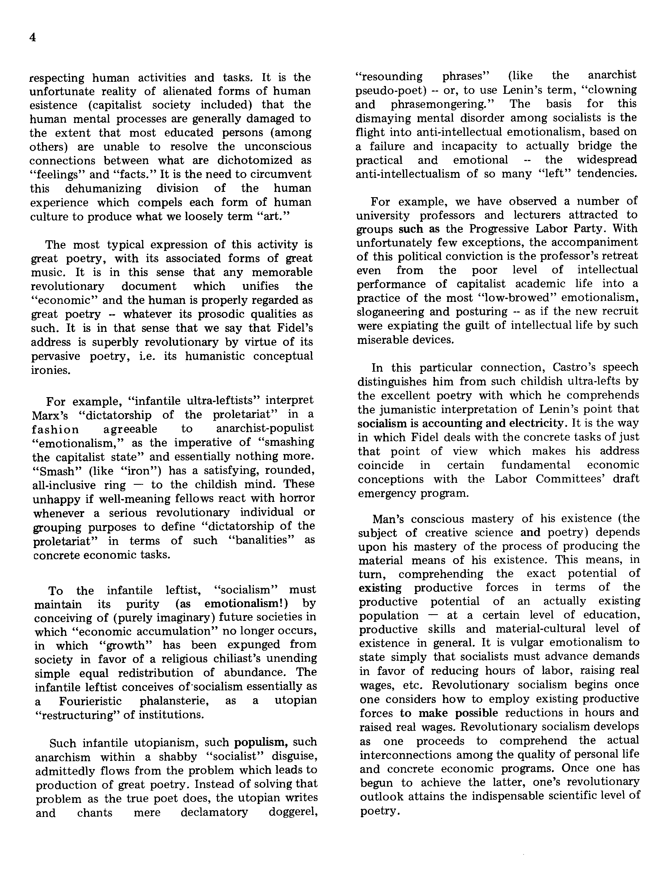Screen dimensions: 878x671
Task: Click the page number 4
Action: point(33,38)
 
